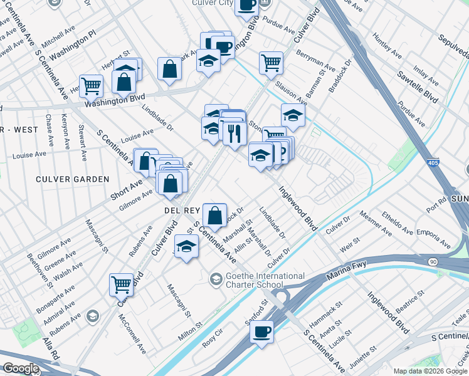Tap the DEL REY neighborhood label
click(182, 209)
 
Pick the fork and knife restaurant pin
click(234, 133)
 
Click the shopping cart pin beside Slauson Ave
click(271, 62)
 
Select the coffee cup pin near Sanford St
click(261, 331)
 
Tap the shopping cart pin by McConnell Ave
click(121, 284)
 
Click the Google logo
click(21, 368)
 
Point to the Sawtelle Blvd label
click(417, 86)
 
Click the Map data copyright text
click(430, 371)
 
